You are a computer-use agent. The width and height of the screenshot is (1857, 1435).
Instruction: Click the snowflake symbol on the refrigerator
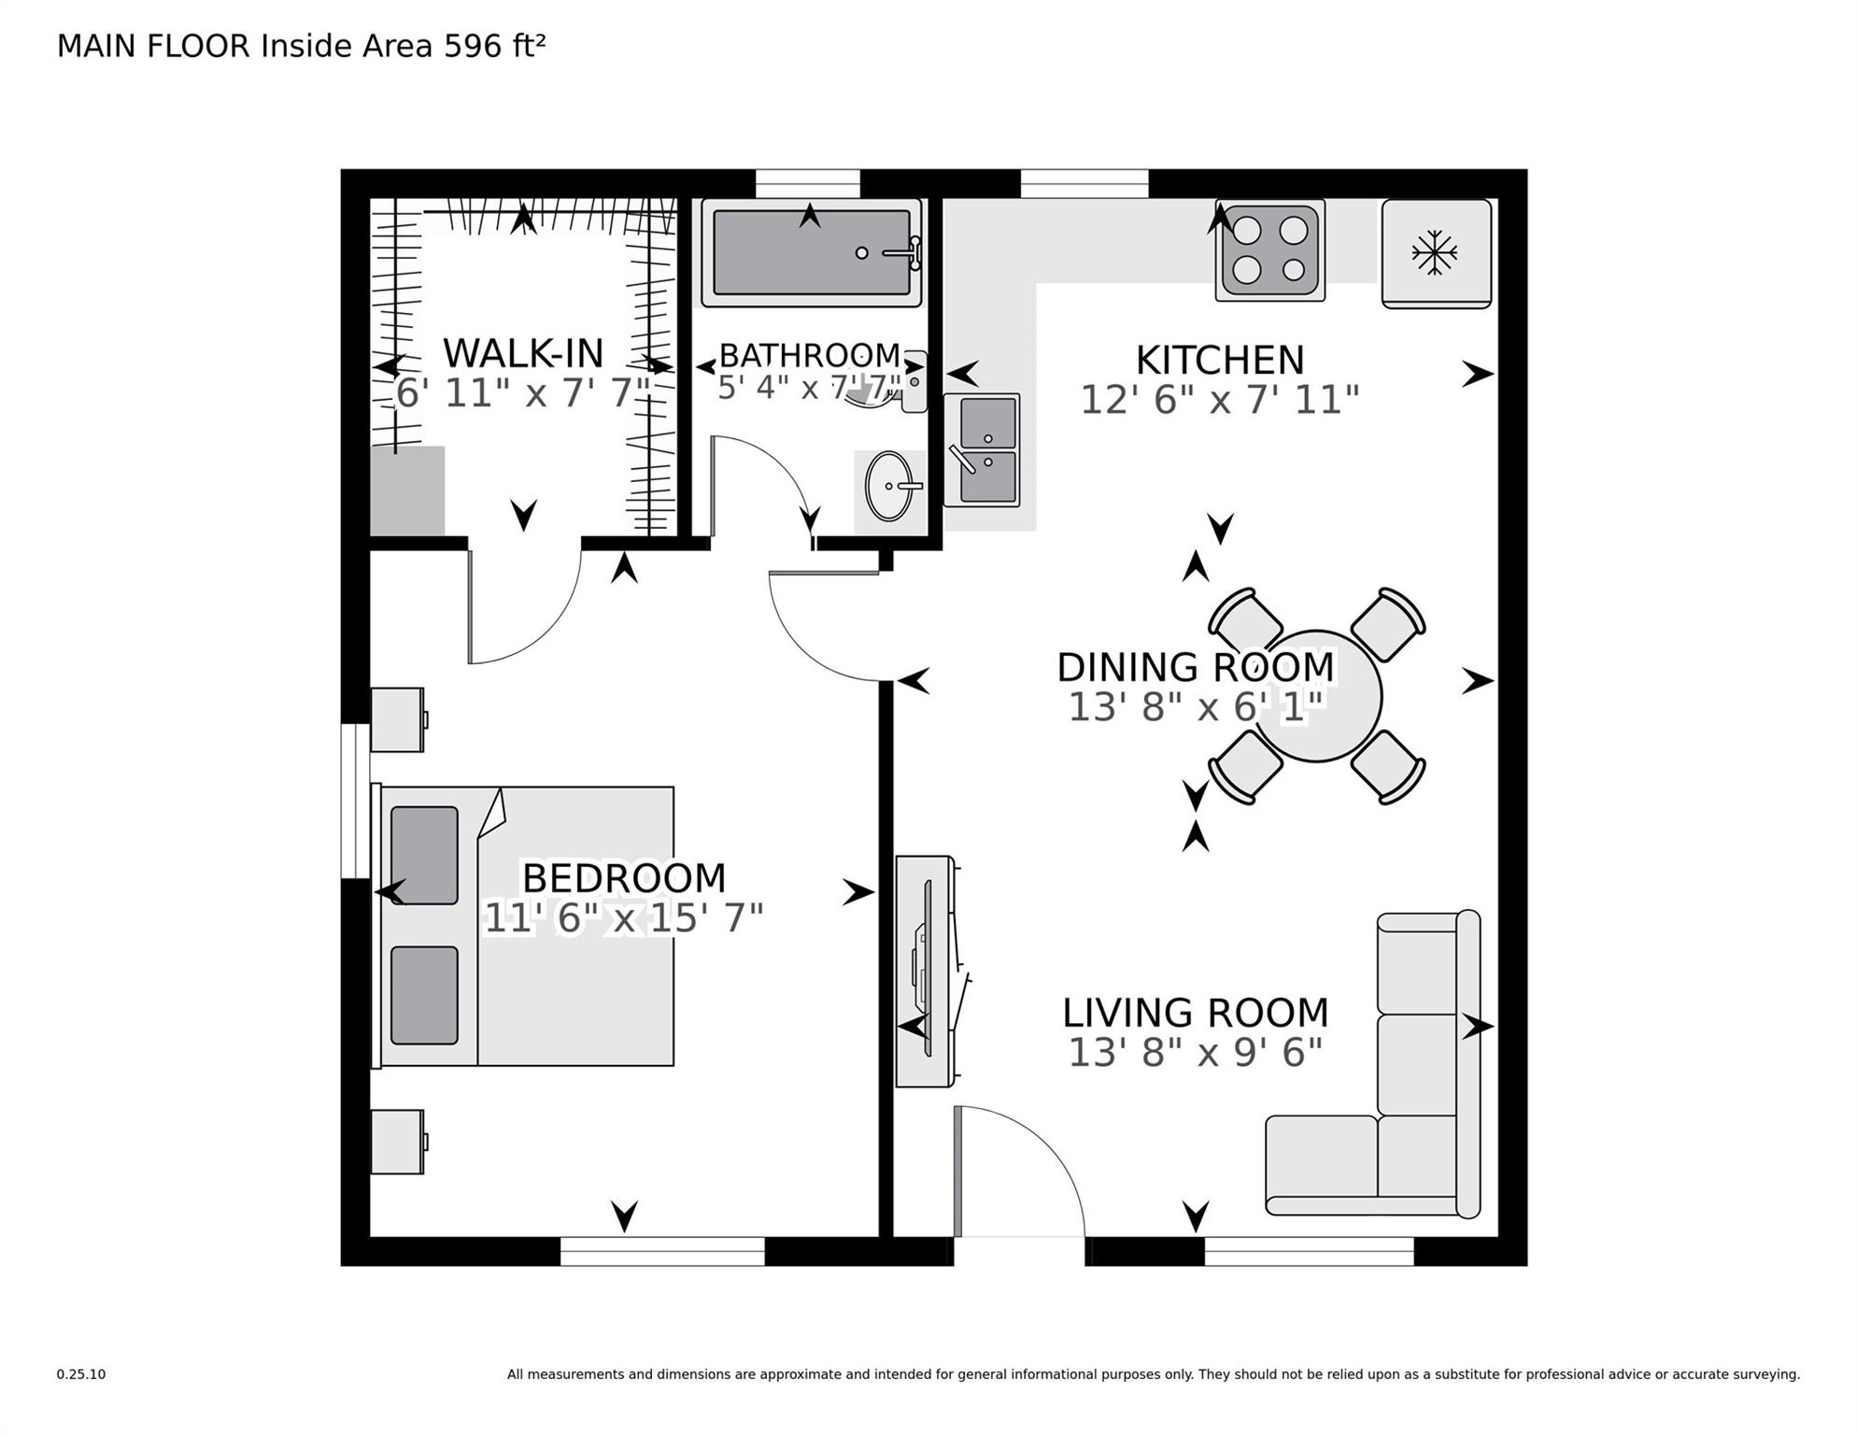[x=1434, y=252]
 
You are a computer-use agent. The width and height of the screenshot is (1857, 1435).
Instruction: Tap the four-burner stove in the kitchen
[x=1269, y=250]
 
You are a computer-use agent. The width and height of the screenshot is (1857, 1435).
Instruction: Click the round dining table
[x=1317, y=696]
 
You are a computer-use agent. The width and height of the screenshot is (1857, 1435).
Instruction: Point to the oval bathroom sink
[x=889, y=486]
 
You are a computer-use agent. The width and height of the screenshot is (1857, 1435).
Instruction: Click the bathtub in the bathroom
[x=811, y=252]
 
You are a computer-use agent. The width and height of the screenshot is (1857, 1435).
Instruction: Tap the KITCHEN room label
[x=1219, y=361]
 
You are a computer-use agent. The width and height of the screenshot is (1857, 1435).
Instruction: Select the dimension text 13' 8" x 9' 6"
[x=1195, y=1053]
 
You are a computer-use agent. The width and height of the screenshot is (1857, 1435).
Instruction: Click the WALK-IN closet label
[x=523, y=354]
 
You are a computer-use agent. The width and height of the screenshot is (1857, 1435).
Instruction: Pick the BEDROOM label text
[x=623, y=878]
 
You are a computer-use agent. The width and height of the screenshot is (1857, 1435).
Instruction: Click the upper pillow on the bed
[x=424, y=856]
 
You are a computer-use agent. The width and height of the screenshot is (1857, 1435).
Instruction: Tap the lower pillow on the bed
[x=424, y=995]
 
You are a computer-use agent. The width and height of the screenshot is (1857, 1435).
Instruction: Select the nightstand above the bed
[x=397, y=719]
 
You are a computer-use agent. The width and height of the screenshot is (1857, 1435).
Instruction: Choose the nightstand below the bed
[x=397, y=1141]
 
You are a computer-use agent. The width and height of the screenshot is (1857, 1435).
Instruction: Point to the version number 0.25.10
[x=81, y=1374]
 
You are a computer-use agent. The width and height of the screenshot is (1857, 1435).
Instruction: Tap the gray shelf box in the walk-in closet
[x=407, y=490]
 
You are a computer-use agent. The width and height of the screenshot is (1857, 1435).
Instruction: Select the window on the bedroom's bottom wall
[x=662, y=1251]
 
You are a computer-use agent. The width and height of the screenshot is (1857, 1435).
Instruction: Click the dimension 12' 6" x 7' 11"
[x=1219, y=401]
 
